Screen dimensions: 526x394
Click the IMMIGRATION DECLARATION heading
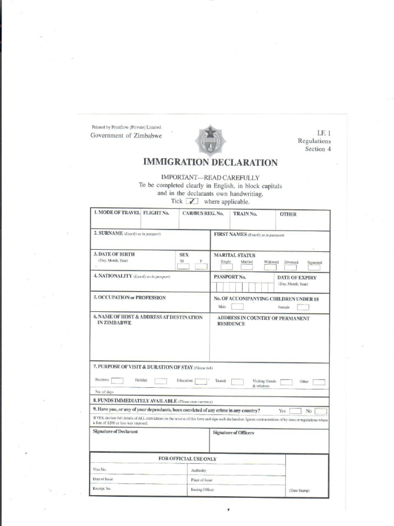coord(211,163)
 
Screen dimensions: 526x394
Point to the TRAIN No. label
coord(245,214)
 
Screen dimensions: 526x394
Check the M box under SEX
coord(183,267)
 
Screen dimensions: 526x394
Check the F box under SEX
coord(201,267)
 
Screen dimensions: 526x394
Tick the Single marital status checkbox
coord(226,267)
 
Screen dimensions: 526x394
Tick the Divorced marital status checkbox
coord(291,267)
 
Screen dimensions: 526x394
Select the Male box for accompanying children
coord(237,307)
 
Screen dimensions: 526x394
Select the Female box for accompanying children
coord(303,307)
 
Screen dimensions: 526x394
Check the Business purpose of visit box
coord(117,381)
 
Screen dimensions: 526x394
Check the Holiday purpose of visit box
coord(161,381)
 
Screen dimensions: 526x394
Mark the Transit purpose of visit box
coord(237,382)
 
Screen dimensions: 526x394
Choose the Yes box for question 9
coord(295,411)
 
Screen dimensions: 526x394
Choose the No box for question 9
coord(321,411)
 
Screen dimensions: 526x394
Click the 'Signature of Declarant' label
coord(115,432)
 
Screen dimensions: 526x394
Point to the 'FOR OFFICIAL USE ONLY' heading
coord(187,459)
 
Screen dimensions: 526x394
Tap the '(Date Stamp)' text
coord(300,491)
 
